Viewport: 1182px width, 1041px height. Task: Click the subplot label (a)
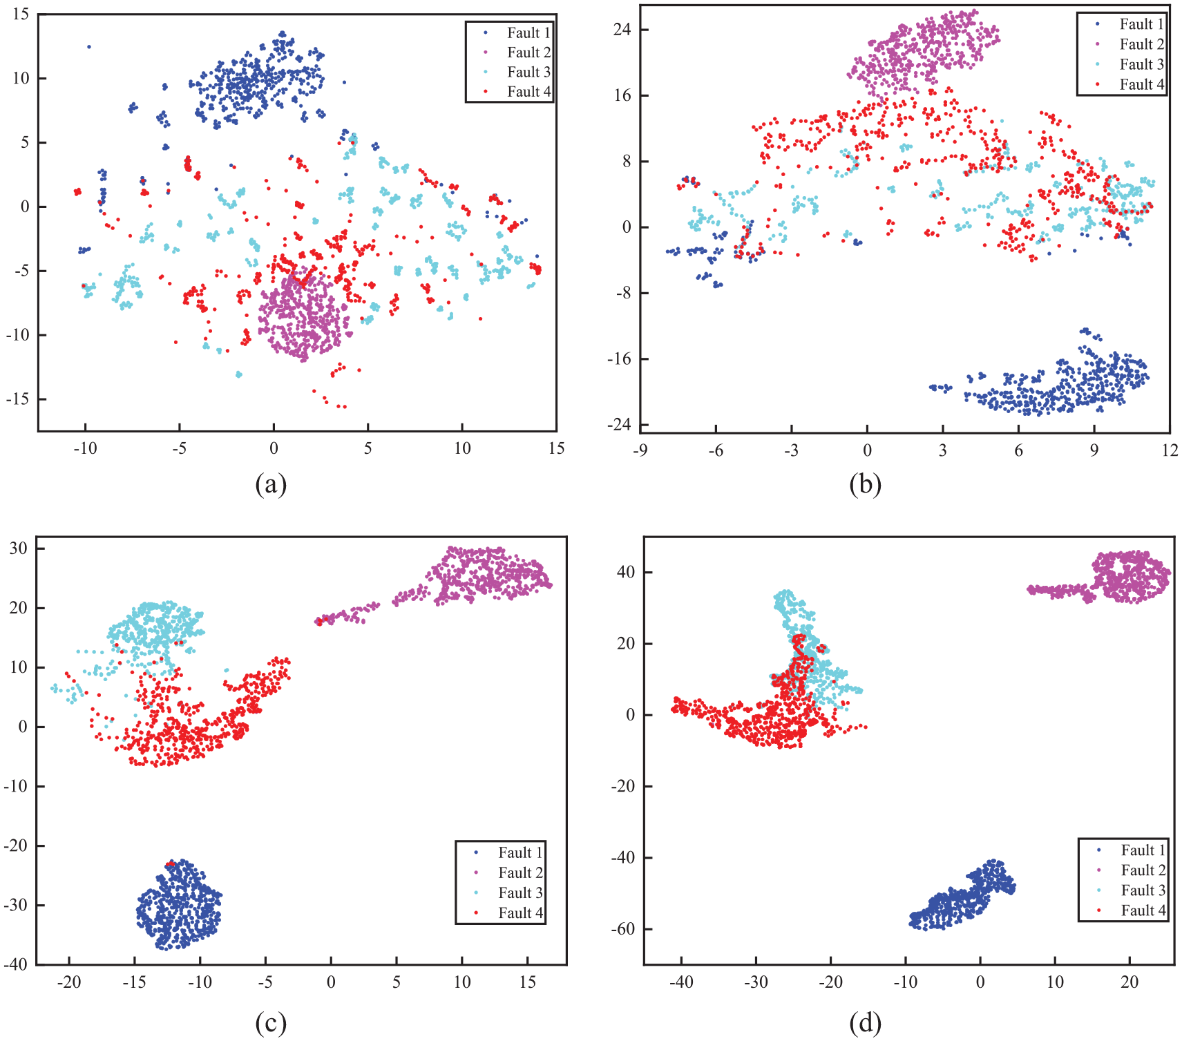coord(271,484)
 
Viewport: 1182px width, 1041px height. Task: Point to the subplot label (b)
coord(866,484)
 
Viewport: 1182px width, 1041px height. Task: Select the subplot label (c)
coord(271,1023)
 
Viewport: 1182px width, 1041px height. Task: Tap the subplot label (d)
coord(866,1023)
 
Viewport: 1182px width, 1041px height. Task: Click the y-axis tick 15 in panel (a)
coord(21,14)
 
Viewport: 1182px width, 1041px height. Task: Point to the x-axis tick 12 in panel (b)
coord(1170,450)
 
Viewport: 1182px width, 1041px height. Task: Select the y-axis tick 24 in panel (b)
coord(622,30)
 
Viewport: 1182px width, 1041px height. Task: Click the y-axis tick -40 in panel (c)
coord(17,964)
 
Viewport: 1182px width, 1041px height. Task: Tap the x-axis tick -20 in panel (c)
coord(69,982)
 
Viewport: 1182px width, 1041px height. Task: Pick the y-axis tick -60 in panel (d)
coord(624,929)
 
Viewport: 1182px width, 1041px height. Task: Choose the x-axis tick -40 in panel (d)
coord(681,982)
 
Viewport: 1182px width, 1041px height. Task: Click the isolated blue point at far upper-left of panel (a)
coord(88,47)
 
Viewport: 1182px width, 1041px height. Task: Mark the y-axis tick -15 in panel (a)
coord(19,399)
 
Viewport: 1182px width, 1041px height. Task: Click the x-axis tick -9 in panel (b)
coord(640,450)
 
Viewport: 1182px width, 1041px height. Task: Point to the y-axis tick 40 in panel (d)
coord(626,572)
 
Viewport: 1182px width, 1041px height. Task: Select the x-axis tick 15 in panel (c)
coord(528,982)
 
